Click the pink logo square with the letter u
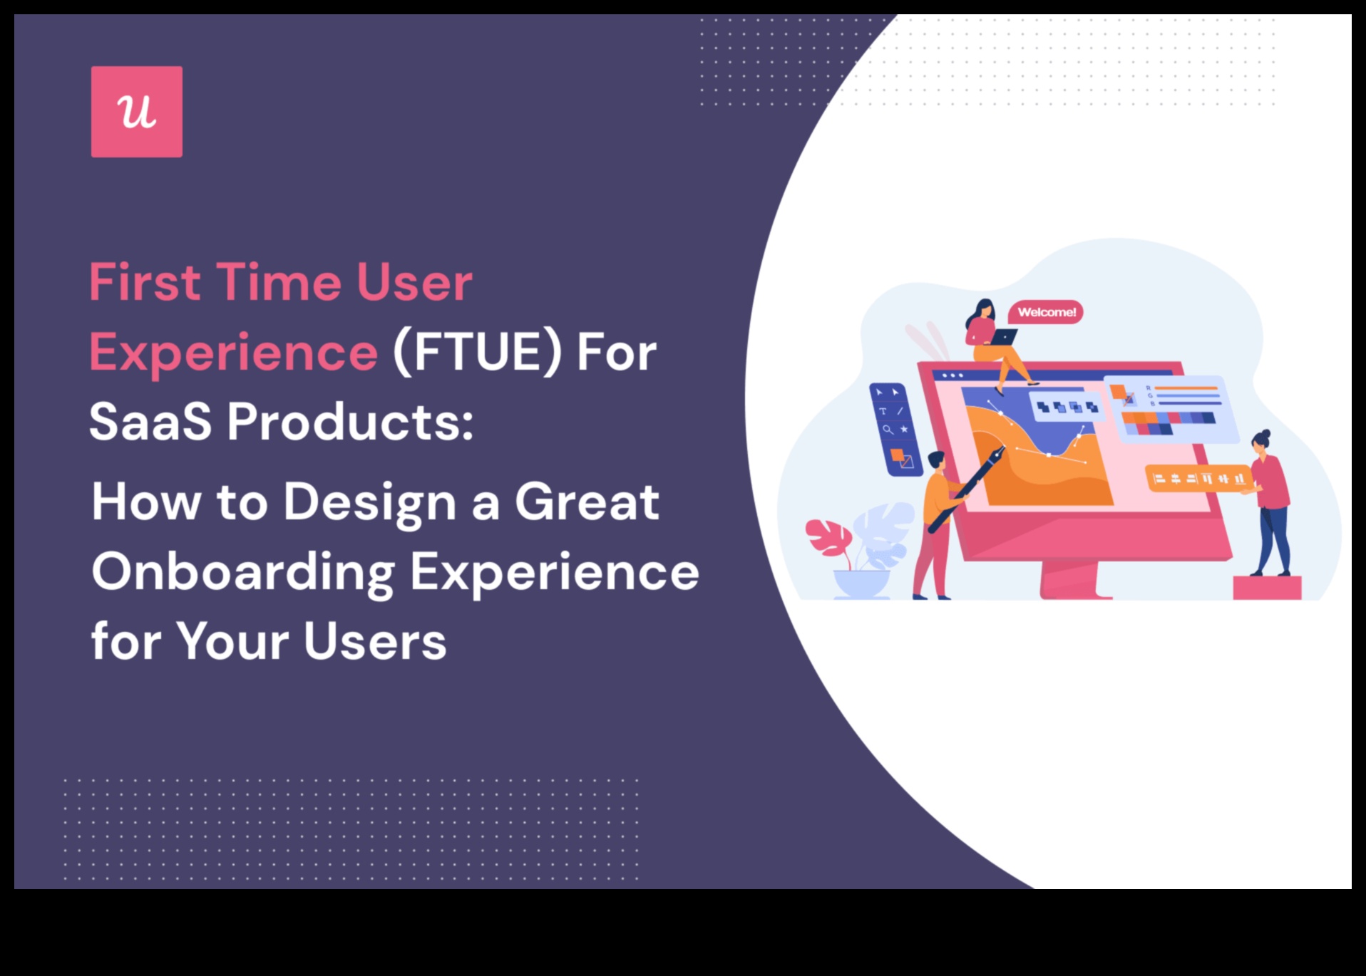137,112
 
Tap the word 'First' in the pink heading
145,282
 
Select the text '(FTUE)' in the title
477,352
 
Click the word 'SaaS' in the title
150,422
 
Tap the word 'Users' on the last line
375,641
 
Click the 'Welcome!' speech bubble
1046,312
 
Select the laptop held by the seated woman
1003,337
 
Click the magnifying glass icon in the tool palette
888,430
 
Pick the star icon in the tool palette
904,429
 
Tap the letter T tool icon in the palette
883,411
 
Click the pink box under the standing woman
1267,588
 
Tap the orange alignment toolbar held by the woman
1198,478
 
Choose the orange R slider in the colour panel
1186,388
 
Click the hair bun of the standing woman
1265,433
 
